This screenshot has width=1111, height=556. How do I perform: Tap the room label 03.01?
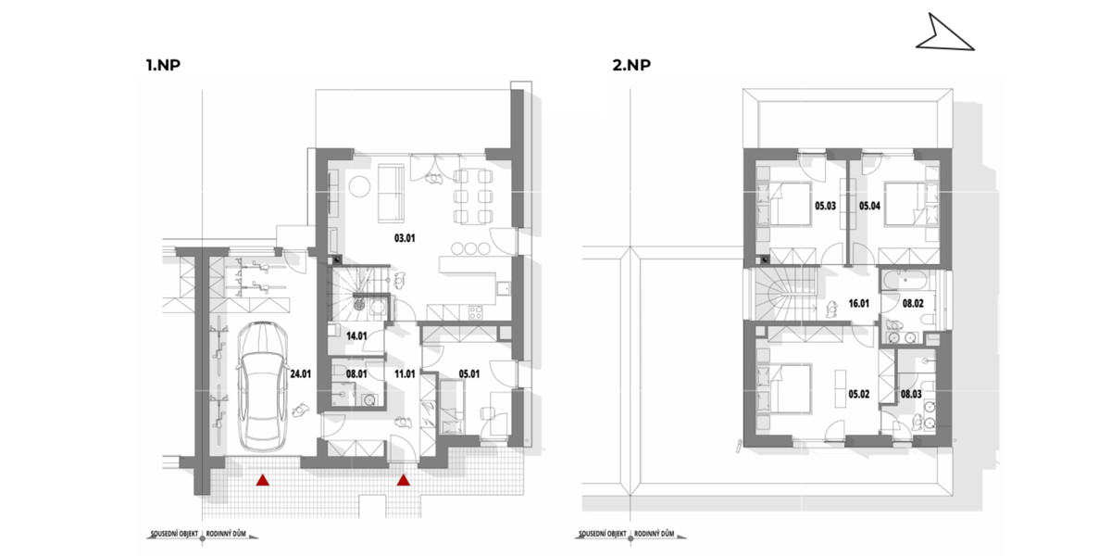pos(405,238)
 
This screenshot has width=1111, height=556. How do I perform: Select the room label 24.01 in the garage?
pos(300,375)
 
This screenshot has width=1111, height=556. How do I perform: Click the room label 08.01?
pos(356,375)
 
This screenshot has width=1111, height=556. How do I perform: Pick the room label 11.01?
pos(405,375)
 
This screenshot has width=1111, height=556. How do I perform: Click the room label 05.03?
pos(825,206)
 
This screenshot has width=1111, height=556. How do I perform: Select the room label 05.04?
pos(871,206)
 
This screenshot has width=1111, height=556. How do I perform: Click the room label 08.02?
pos(913,302)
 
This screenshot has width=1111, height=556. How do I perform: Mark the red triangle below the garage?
pos(263,480)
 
